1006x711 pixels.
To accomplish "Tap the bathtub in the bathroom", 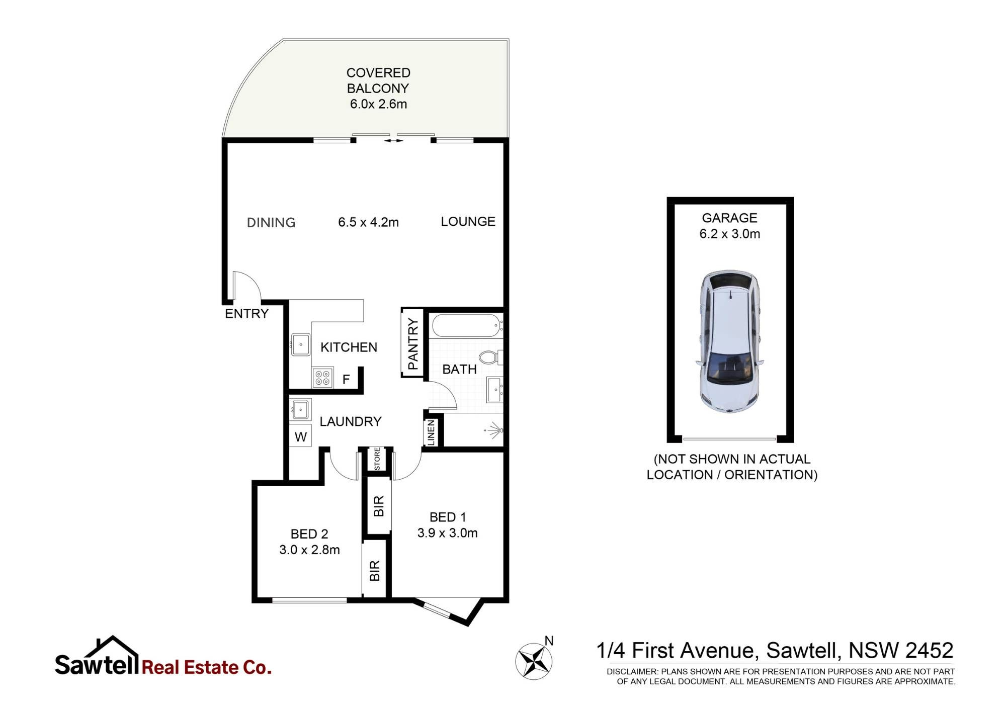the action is (467, 326).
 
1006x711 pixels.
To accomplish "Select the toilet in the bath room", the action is (489, 358).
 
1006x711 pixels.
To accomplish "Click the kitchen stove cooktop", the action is (322, 378).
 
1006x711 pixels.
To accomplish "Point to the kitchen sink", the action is (301, 344).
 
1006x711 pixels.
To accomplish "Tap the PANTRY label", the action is (413, 343).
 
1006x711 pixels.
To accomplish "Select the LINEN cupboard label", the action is (431, 433).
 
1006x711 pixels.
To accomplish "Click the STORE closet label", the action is (377, 459).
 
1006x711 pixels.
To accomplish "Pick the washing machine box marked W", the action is (301, 436).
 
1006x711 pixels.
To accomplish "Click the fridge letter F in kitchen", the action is (346, 379).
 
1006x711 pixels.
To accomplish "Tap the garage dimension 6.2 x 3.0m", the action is (729, 234).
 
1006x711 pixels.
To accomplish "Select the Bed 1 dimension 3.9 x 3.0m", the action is (447, 533).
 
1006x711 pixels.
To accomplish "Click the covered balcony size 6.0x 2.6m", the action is (378, 104).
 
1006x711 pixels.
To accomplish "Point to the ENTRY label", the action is (246, 314).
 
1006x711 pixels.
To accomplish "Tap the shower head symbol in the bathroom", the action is (494, 430).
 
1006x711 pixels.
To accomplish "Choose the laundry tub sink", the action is (300, 409).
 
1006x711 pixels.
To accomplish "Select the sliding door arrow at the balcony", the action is (393, 141).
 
